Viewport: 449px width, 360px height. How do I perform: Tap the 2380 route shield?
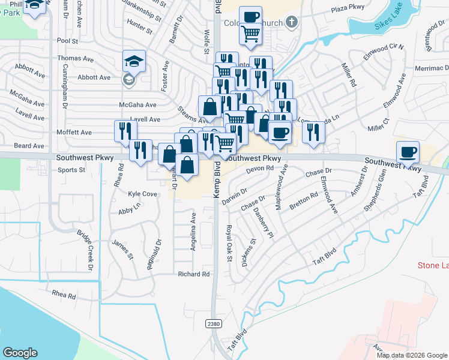(x=213, y=324)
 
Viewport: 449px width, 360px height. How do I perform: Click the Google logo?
(x=20, y=353)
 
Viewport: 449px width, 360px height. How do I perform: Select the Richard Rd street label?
(x=193, y=274)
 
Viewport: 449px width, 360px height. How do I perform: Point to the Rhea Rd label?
(x=64, y=296)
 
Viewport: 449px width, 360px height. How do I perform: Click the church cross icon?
(x=292, y=23)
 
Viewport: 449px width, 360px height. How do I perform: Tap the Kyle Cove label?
(x=143, y=194)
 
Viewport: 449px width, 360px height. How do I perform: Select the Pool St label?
(x=68, y=41)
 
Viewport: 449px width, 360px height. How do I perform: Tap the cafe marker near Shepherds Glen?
(x=408, y=152)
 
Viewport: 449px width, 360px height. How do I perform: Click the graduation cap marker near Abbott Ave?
(x=134, y=61)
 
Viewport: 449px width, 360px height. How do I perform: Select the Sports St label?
(x=71, y=170)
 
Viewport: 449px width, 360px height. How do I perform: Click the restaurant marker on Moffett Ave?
(x=125, y=130)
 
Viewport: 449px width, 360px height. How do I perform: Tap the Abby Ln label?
(x=129, y=210)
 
